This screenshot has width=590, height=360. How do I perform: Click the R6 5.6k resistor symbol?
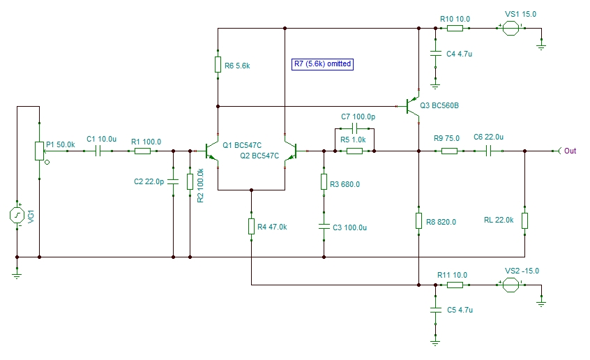(x=218, y=64)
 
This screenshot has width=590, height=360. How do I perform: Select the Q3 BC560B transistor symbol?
(x=413, y=107)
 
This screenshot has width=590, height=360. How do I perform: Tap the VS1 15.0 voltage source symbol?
(x=511, y=28)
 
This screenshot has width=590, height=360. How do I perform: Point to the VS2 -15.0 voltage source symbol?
(x=511, y=285)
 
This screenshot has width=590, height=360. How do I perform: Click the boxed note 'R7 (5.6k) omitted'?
(x=322, y=64)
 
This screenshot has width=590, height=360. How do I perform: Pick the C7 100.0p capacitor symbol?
(x=354, y=129)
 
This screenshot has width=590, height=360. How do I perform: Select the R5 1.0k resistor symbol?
(x=354, y=151)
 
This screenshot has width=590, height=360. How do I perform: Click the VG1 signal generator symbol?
(x=17, y=216)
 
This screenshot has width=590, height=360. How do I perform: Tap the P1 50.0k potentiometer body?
(x=40, y=151)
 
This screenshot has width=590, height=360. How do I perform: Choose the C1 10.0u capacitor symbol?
(x=98, y=151)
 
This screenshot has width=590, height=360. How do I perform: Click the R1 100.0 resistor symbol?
(x=142, y=151)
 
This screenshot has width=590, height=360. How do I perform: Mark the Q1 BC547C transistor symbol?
(x=211, y=151)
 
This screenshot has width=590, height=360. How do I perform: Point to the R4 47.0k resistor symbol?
(x=251, y=226)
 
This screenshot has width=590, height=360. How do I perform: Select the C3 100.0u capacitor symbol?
(x=324, y=227)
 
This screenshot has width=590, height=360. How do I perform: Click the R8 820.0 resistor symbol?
(x=419, y=220)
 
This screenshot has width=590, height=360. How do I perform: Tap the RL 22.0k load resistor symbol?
(x=525, y=220)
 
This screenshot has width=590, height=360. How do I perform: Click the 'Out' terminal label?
(x=570, y=151)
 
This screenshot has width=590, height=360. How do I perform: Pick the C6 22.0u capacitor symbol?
(x=488, y=151)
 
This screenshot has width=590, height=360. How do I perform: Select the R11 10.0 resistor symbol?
(x=455, y=285)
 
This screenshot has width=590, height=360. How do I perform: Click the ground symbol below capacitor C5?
(x=435, y=343)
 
